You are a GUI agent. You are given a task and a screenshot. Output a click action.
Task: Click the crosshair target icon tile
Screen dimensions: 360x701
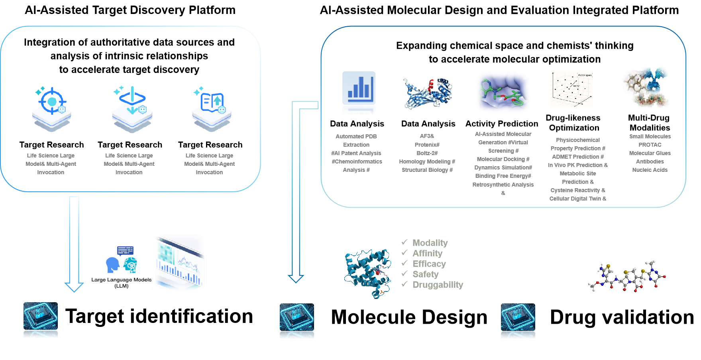(x=51, y=109)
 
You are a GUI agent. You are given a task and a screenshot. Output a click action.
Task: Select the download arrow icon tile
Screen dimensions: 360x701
(x=132, y=109)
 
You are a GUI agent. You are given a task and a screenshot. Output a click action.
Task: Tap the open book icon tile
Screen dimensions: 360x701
(x=212, y=109)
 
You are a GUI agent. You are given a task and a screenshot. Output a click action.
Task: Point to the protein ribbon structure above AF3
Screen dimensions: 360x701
(x=428, y=92)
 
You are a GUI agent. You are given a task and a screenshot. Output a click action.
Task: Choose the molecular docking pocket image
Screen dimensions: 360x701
(x=503, y=92)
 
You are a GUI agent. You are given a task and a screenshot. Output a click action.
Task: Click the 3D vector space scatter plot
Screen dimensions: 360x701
(x=572, y=89)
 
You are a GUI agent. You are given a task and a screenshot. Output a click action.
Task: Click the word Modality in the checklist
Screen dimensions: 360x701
(x=430, y=243)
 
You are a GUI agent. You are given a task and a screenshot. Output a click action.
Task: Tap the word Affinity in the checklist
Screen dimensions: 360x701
(x=427, y=253)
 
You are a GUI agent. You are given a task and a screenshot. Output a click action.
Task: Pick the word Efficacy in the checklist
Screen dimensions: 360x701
(x=429, y=264)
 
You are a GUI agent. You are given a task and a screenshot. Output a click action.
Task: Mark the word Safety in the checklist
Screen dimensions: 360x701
(x=425, y=274)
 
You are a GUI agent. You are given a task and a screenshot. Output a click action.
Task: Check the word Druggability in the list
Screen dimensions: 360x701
(x=438, y=285)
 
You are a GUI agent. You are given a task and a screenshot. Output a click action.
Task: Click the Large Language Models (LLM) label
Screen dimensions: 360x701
(x=121, y=282)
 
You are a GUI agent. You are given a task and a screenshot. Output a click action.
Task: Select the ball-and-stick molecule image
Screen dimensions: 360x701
(x=627, y=276)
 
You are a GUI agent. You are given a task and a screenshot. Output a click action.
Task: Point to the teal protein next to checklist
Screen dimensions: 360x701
(x=367, y=273)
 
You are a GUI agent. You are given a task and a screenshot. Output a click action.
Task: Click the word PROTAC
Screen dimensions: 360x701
(x=650, y=145)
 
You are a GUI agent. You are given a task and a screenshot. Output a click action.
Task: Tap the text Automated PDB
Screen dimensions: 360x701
(x=356, y=136)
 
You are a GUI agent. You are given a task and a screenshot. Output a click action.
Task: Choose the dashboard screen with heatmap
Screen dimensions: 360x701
(x=181, y=262)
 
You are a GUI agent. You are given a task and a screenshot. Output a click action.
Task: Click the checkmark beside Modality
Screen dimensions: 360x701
(x=404, y=242)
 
